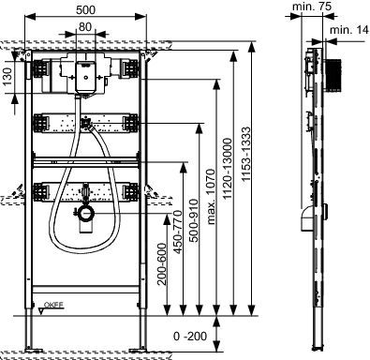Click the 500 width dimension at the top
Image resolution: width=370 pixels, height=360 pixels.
85,9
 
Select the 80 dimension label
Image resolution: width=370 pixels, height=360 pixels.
85,27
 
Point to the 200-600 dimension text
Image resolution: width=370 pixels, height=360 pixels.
162,264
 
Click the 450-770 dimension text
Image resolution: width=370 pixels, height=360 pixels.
178,232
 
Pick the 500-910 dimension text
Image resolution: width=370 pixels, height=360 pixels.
194,220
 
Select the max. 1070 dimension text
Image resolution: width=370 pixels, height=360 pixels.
212,196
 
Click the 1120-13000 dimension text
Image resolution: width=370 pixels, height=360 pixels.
228,169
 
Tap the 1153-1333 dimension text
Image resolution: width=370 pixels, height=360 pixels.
246,154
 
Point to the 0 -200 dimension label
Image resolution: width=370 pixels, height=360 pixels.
190,337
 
